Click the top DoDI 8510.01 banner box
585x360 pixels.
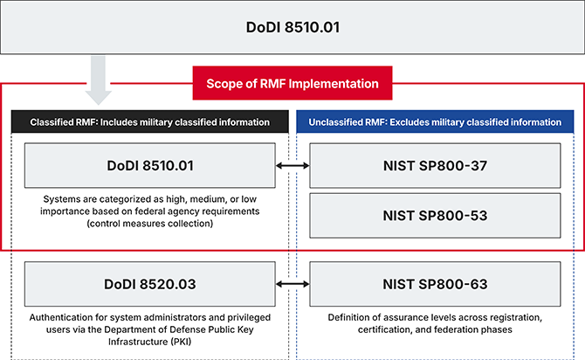point(292,26)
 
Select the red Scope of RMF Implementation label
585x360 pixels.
point(292,84)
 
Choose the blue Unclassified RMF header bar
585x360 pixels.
point(435,122)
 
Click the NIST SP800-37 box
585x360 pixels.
point(435,165)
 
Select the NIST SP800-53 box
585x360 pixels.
point(435,214)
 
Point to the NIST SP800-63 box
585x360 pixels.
point(435,283)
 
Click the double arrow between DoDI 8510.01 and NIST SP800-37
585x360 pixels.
point(292,165)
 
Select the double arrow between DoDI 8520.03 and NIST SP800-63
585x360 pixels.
point(292,283)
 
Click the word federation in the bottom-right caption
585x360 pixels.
point(459,329)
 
